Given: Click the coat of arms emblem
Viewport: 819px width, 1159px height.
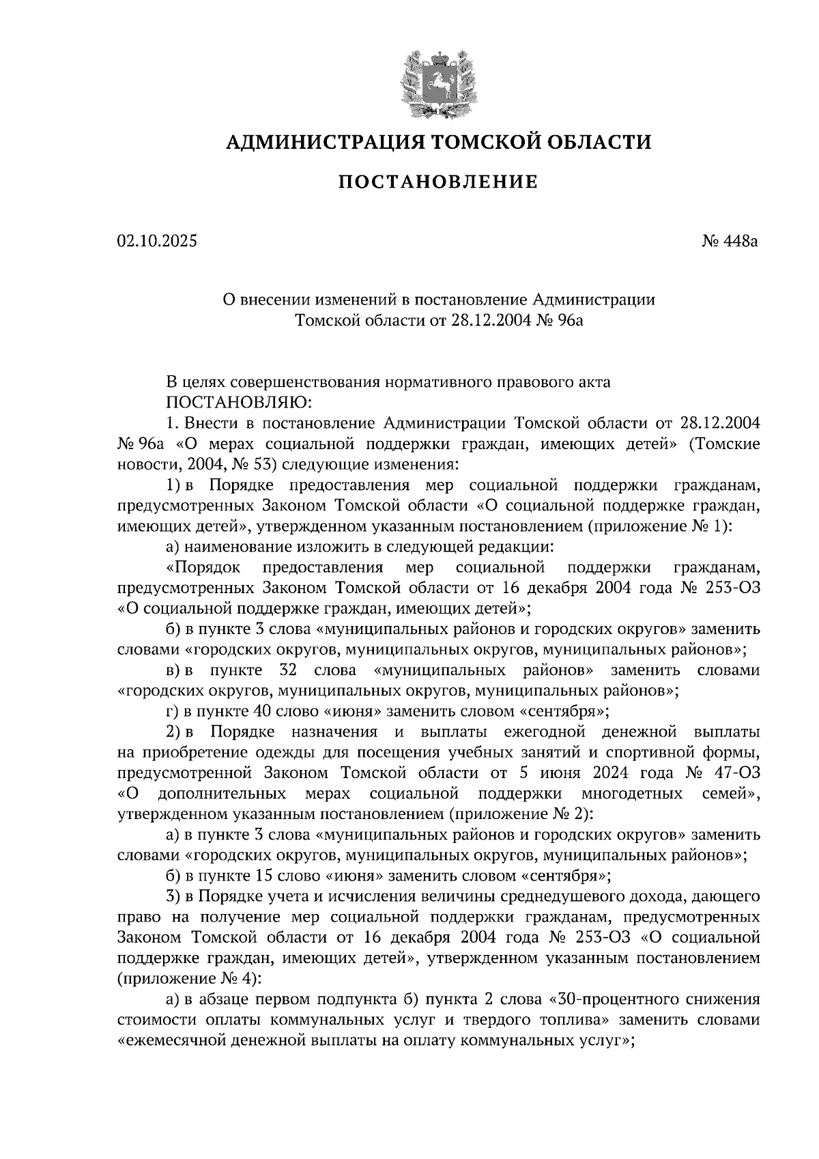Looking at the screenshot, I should (x=437, y=83).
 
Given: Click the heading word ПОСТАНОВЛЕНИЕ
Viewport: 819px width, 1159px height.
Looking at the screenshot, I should (x=439, y=182).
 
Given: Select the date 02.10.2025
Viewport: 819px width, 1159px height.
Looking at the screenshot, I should (x=156, y=241).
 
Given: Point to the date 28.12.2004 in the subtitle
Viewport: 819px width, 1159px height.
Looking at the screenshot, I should (x=491, y=319).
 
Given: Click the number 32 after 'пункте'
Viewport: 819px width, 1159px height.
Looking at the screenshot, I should (x=287, y=670).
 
